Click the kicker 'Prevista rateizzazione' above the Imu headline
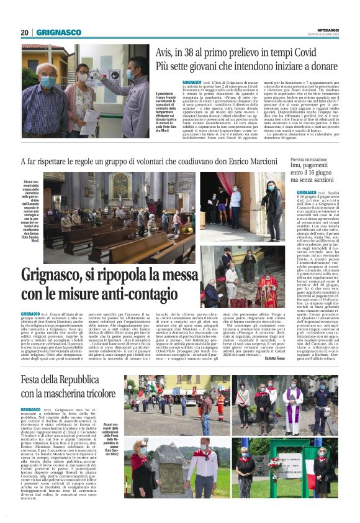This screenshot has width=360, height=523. tap(308, 160)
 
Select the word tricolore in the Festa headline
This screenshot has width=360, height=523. tap(96, 393)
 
